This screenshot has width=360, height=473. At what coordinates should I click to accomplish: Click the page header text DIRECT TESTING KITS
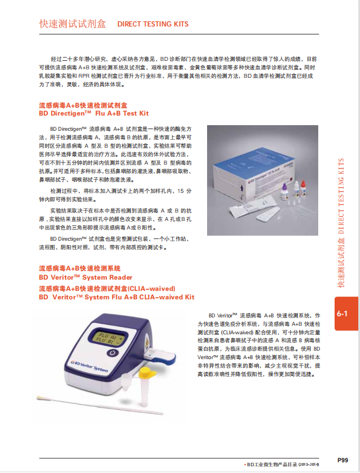[152, 24]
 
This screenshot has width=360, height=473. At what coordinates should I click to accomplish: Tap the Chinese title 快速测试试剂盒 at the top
[72, 24]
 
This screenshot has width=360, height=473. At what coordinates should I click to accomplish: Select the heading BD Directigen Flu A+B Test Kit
[93, 113]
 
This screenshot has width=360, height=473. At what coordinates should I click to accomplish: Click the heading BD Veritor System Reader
[85, 277]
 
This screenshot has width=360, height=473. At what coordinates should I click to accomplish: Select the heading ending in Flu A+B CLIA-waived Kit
[116, 297]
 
